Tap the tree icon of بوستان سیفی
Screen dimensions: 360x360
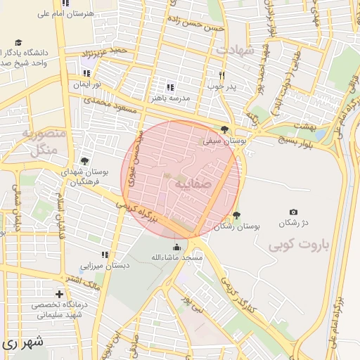[224, 129]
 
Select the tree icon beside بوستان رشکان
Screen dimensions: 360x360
[236, 214]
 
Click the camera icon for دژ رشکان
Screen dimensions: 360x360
[294, 212]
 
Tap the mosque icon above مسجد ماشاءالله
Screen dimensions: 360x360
[176, 247]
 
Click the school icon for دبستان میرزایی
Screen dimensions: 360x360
[105, 255]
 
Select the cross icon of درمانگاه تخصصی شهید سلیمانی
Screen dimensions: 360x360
[59, 294]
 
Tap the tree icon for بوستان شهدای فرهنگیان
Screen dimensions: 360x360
[85, 162]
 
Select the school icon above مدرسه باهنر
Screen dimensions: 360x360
[169, 86]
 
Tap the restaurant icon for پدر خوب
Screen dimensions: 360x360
[221, 75]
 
